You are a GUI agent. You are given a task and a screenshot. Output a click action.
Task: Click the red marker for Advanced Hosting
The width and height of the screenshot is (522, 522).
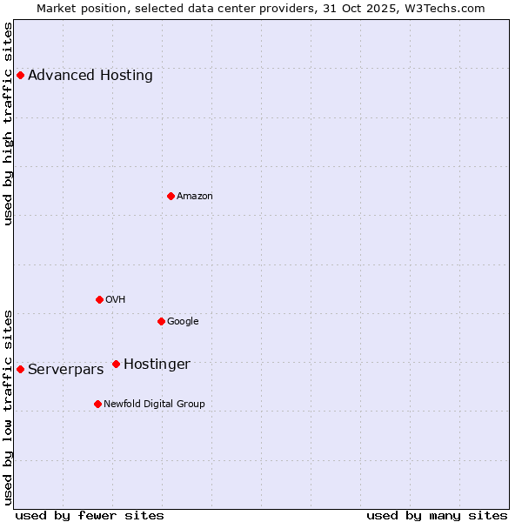(x=20, y=75)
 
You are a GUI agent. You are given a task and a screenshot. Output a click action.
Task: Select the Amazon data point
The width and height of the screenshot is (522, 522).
(x=171, y=196)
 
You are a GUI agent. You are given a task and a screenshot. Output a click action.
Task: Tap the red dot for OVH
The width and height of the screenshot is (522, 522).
(x=99, y=299)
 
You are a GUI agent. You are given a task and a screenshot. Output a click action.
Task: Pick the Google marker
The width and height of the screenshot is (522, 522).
(x=161, y=321)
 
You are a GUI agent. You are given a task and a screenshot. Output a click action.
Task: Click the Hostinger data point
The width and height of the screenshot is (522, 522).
(x=116, y=364)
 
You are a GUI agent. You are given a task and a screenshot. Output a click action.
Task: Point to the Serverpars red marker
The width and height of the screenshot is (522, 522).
(x=20, y=369)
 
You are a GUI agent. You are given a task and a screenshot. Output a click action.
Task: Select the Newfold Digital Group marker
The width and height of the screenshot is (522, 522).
(x=97, y=404)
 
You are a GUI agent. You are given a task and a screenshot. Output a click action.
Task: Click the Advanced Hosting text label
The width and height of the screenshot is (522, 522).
(x=90, y=75)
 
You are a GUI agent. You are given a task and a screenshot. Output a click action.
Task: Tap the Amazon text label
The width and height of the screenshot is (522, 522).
(x=195, y=196)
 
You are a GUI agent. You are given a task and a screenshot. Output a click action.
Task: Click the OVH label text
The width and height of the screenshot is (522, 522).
(x=116, y=299)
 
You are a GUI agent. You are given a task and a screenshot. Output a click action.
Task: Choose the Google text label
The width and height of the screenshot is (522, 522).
(x=183, y=321)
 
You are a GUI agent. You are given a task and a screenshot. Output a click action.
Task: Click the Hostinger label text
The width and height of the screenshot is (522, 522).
(x=157, y=364)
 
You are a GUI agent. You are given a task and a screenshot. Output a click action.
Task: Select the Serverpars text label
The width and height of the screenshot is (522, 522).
(x=65, y=369)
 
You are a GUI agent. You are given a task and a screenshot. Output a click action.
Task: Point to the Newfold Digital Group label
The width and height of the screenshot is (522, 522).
(x=154, y=404)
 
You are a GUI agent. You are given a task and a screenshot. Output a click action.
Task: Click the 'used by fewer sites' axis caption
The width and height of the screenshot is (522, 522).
(x=90, y=515)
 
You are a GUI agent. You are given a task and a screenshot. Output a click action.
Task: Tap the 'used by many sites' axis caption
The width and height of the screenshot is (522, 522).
(x=437, y=515)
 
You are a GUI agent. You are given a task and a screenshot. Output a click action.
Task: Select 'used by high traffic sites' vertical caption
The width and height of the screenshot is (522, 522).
(x=8, y=124)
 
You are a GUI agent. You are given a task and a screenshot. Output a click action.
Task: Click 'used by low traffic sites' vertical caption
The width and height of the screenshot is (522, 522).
(x=8, y=406)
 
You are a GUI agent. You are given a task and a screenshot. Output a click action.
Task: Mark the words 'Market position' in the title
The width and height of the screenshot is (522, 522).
(x=75, y=8)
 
